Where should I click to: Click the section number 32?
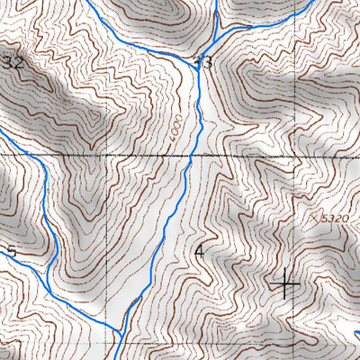coord(13,62)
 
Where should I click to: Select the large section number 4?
coord(200,251)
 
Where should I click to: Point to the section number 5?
coord(11,251)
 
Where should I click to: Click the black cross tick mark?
coord(286,284)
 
